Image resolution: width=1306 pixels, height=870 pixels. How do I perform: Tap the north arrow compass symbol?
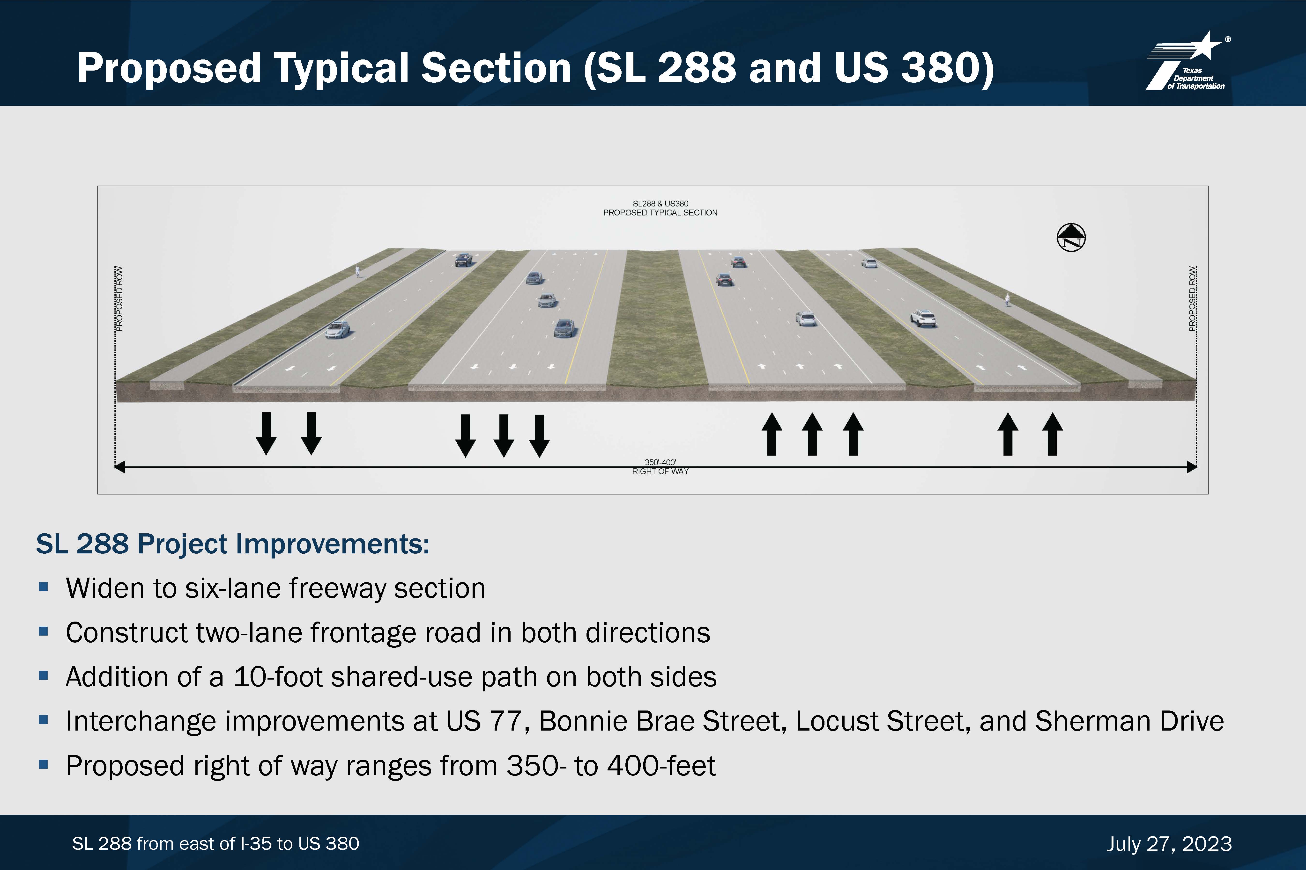1071,238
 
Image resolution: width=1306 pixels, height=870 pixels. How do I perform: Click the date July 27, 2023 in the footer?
1169,844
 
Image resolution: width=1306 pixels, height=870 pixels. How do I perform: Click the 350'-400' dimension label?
660,462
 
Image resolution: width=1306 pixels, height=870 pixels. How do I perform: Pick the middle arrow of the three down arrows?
504,435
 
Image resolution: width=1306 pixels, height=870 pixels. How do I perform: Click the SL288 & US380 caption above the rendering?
660,204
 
